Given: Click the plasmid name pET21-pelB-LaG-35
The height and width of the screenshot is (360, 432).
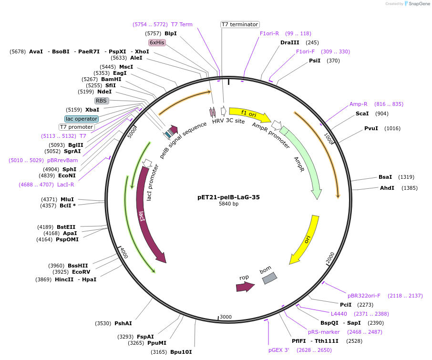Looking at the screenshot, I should click(x=228, y=197).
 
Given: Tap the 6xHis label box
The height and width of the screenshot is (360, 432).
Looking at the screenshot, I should click(x=157, y=42).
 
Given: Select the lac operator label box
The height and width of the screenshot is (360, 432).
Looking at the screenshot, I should click(x=82, y=119).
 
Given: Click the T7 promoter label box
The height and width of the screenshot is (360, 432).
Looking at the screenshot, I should click(x=76, y=127).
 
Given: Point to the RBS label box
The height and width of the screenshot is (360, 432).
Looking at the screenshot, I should click(x=101, y=101).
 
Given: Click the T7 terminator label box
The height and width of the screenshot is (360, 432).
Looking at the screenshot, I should click(x=240, y=24).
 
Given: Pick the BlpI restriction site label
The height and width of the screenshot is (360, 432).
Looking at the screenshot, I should click(x=170, y=33).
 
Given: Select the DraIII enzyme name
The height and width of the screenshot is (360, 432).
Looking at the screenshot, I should click(x=290, y=42).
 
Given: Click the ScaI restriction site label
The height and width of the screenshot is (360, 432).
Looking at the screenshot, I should click(x=362, y=113).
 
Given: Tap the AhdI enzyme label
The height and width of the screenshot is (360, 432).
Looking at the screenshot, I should click(x=387, y=188).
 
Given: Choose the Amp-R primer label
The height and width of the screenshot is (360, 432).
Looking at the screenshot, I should click(x=358, y=104).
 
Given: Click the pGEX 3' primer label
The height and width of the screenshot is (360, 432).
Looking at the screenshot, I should click(x=278, y=350).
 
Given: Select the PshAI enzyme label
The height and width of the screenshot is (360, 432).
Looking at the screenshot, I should click(x=123, y=323).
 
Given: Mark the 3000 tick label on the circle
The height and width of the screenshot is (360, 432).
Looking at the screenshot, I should click(x=226, y=317).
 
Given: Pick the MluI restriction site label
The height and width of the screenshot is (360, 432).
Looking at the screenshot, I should click(x=67, y=199).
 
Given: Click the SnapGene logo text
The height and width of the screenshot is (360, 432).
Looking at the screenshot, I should click(x=418, y=4).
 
